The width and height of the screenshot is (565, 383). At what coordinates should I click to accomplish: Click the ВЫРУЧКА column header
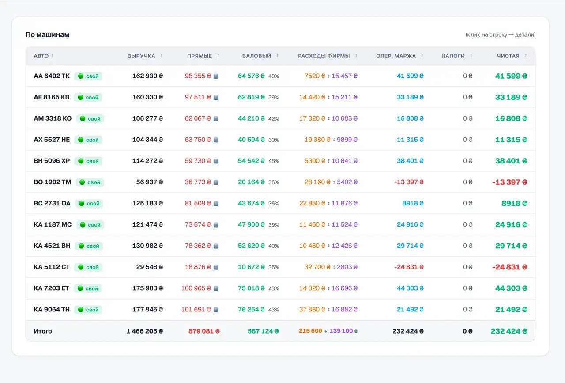click(x=141, y=56)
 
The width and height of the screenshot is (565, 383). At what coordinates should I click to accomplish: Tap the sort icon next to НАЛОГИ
click(x=471, y=56)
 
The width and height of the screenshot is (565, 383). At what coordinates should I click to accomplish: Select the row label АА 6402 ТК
click(x=52, y=76)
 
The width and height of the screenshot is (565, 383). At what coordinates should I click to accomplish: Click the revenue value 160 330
click(x=145, y=97)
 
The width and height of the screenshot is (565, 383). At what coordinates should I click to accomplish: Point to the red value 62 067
click(x=195, y=118)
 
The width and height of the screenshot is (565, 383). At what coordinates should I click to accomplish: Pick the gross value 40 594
click(x=249, y=140)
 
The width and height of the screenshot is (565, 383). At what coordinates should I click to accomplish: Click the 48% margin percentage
click(x=274, y=161)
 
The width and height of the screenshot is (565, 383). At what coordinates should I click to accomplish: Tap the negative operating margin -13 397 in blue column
click(x=406, y=182)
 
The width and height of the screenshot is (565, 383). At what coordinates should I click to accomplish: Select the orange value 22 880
click(x=309, y=203)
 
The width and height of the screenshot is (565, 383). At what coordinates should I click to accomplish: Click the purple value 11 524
click(x=342, y=224)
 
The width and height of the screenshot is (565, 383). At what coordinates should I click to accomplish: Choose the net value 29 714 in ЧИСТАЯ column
click(x=508, y=246)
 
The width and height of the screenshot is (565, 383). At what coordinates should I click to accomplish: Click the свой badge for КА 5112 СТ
click(x=89, y=267)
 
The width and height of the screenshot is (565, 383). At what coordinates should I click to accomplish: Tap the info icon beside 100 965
click(x=216, y=288)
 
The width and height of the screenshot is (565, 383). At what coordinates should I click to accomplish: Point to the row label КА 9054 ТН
click(x=52, y=310)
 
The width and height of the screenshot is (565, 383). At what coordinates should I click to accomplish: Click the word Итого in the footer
click(x=43, y=331)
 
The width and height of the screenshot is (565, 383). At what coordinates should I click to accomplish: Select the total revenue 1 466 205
click(x=142, y=331)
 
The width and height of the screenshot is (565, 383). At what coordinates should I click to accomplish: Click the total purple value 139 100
click(x=341, y=331)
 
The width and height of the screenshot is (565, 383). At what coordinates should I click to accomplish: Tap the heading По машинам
click(x=47, y=34)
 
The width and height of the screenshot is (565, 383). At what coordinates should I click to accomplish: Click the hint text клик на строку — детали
click(x=501, y=34)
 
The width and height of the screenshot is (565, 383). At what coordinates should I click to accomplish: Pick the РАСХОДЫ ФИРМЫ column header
click(x=324, y=56)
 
